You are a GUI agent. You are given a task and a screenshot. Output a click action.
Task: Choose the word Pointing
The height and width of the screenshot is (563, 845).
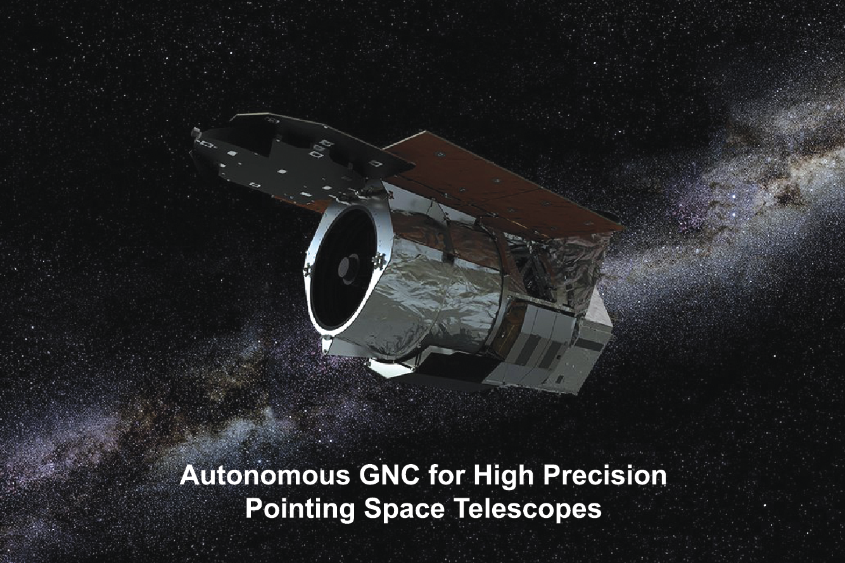pyautogui.click(x=300, y=509)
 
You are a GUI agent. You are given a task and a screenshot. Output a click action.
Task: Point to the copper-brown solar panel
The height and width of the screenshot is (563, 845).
pyautogui.click(x=502, y=185)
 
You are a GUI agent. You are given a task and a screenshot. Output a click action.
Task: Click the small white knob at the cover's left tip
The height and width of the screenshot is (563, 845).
pyautogui.click(x=195, y=131)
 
